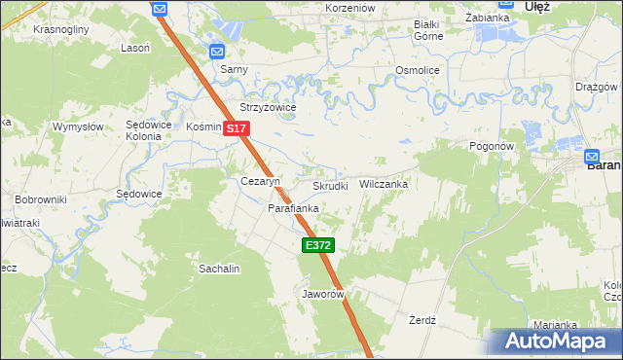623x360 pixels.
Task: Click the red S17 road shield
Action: [x=237, y=128]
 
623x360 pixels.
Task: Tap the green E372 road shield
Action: [x=318, y=246]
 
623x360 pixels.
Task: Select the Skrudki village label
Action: [x=330, y=185]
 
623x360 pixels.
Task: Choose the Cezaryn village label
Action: [x=260, y=182]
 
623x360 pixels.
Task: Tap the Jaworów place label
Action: [x=324, y=293]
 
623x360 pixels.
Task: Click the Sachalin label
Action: [x=219, y=268]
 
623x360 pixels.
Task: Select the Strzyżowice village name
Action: [x=268, y=107]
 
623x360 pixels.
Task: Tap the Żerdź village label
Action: [x=421, y=319]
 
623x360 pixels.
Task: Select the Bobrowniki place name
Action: [x=40, y=199]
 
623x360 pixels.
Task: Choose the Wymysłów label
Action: [x=78, y=127]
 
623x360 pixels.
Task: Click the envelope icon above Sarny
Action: [x=216, y=52]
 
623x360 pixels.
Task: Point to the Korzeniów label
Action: [x=349, y=8]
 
